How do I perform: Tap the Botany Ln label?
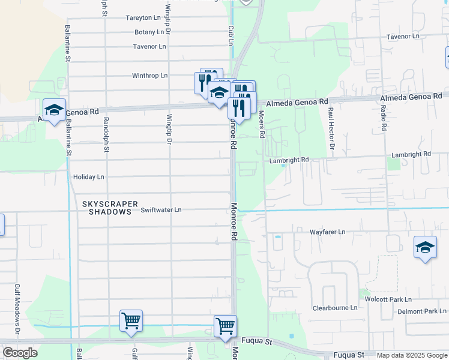tap(149, 32)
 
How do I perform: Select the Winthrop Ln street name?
tap(150, 76)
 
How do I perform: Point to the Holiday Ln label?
tap(88, 177)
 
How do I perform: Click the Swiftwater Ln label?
tap(161, 210)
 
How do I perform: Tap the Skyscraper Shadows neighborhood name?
tap(110, 208)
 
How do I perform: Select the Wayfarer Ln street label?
tap(327, 232)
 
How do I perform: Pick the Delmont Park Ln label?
tap(422, 311)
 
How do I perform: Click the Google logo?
tap(20, 353)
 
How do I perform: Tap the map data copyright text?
tap(412, 355)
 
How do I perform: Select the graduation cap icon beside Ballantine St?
tap(54, 110)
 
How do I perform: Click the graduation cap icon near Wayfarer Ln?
tap(425, 247)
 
